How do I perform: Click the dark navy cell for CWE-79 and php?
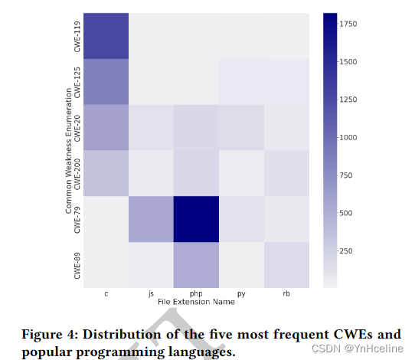pos(196,219)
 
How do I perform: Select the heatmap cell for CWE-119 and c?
pos(105,35)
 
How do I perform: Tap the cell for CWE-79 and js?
pos(151,219)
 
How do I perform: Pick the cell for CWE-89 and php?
pos(196,264)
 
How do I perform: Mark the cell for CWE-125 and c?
pos(105,81)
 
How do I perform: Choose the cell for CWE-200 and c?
pos(105,173)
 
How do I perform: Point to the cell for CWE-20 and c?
pos(105,127)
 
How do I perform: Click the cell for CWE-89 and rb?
pos(287,264)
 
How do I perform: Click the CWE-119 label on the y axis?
pos(76,35)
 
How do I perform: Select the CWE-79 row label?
pos(76,219)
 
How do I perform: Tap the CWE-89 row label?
pos(76,264)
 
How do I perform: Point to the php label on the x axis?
pos(196,293)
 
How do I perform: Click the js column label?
pos(151,293)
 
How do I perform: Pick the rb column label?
pos(287,293)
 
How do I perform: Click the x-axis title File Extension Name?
pos(196,302)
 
